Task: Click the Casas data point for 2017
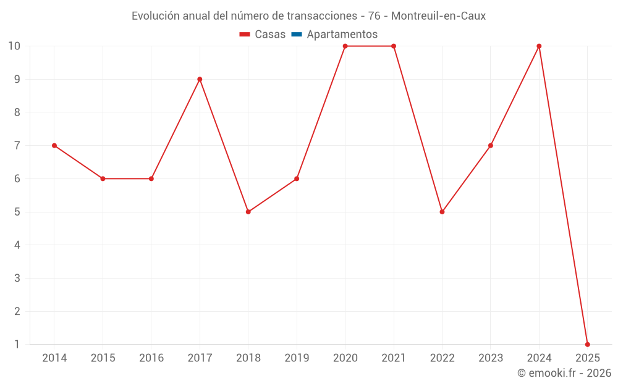200,79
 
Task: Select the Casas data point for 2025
587,344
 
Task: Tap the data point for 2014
54,146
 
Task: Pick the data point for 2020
345,46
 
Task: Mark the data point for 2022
442,212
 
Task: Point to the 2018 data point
248,212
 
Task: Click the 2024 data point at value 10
539,46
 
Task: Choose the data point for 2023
491,146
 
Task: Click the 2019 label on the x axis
297,358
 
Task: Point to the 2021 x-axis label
394,358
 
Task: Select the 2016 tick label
151,358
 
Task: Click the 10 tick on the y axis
14,46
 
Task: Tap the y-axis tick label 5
17,212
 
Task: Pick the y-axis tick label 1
17,344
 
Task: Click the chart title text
308,16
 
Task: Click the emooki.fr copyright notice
564,373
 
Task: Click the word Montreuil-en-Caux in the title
438,16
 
